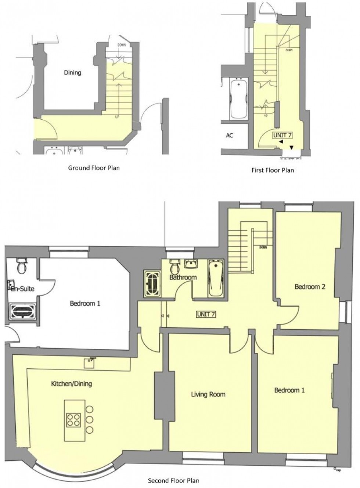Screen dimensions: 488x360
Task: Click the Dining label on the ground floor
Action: tap(72, 72)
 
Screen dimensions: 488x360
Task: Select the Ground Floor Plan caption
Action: tap(94, 168)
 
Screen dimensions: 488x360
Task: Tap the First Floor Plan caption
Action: tap(273, 170)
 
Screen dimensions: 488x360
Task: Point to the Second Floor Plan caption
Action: tap(173, 480)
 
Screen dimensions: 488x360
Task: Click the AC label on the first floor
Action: tap(229, 135)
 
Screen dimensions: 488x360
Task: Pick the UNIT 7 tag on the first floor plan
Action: tap(282, 135)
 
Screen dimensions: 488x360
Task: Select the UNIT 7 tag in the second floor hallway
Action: tap(206, 314)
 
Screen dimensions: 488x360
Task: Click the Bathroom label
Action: tap(183, 277)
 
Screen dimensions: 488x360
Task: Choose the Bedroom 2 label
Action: tap(310, 287)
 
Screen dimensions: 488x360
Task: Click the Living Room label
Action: tap(208, 394)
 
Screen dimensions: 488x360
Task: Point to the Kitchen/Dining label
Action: tap(71, 384)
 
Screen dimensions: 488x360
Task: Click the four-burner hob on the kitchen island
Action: tap(73, 419)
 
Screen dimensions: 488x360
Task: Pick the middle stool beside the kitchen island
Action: tap(89, 419)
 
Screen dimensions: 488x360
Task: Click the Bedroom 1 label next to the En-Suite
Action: tap(85, 304)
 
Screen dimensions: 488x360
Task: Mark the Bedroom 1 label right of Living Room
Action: tap(289, 390)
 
